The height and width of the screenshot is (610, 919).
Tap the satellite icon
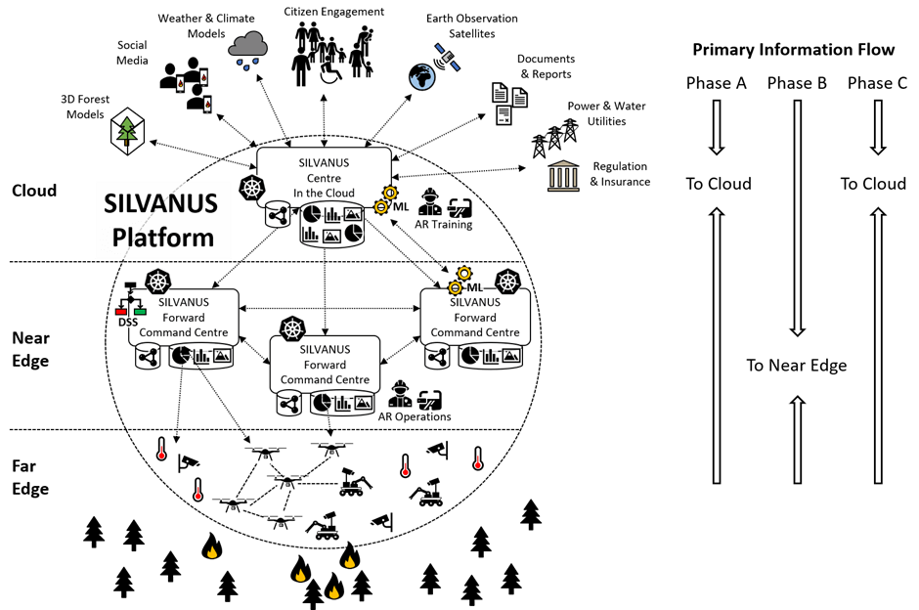tap(448, 57)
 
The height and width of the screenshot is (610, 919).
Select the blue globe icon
tap(421, 77)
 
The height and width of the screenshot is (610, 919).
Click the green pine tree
tap(126, 131)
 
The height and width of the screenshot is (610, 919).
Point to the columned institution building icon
tap(563, 177)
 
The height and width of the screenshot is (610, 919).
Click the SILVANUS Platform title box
tap(162, 220)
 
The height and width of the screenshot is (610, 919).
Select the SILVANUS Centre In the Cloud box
tap(324, 177)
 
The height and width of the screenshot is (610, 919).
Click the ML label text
tap(475, 286)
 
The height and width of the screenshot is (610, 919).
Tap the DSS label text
tap(128, 322)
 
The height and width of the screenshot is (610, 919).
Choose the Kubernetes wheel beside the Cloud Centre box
tap(252, 190)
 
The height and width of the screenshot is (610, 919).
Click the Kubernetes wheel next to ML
tap(507, 283)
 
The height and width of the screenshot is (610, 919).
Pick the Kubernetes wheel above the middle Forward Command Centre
tap(292, 329)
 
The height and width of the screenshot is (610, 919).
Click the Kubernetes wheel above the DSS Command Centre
tap(157, 283)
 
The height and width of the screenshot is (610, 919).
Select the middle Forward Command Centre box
tap(325, 365)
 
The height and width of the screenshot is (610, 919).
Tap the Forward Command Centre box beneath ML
tap(475, 317)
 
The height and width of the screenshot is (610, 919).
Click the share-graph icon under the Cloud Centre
tap(278, 215)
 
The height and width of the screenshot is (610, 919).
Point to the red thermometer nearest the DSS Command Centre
tap(161, 453)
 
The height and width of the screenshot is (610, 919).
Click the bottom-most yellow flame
tap(333, 591)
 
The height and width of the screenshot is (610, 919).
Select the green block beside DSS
tap(140, 311)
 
